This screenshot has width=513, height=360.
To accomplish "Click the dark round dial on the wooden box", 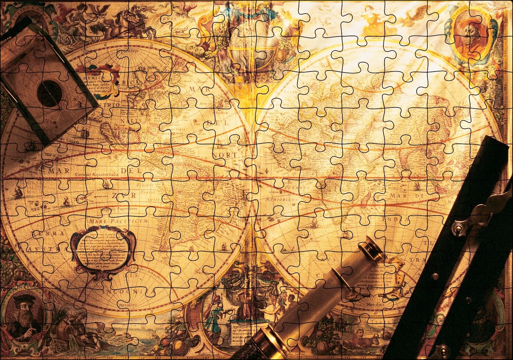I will click(49, 93).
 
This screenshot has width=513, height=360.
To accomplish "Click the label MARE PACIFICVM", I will click(118, 220).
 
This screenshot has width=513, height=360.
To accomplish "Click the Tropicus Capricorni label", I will click(119, 209).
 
